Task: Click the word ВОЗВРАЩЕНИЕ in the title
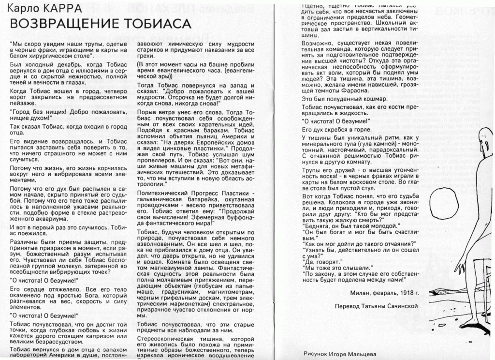[62, 24]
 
